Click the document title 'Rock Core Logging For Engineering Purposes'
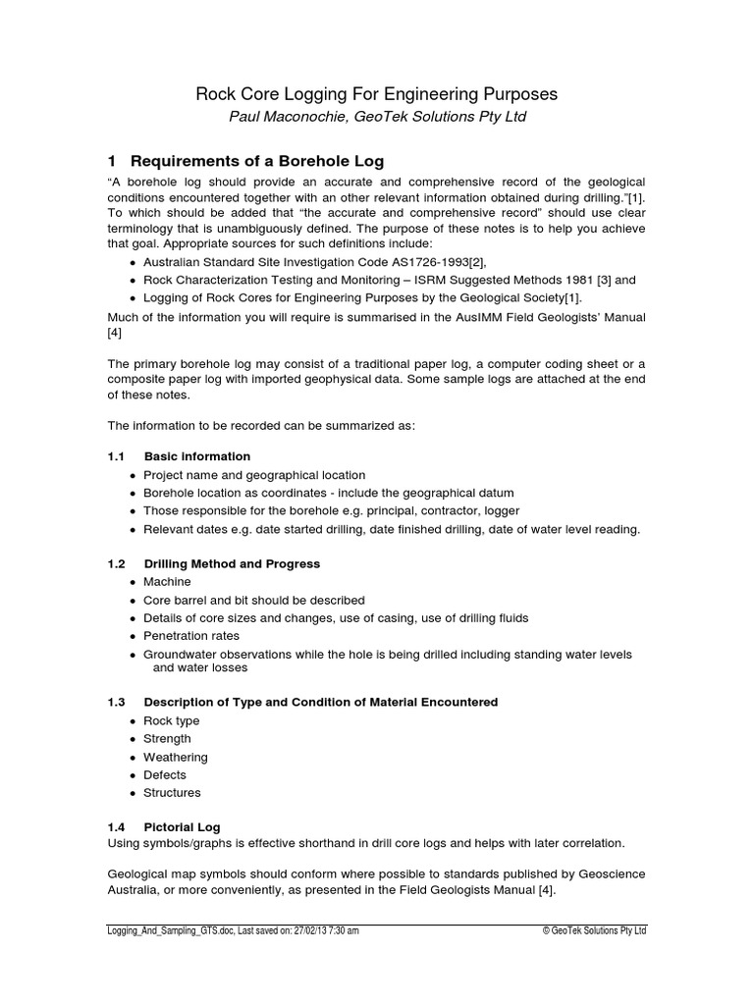(x=377, y=94)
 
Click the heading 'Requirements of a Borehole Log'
(x=256, y=161)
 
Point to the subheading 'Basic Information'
(x=196, y=456)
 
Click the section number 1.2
(x=117, y=564)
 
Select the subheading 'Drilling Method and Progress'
(x=232, y=564)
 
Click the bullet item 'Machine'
(x=167, y=582)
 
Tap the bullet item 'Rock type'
(x=171, y=721)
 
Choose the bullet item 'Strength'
(x=167, y=739)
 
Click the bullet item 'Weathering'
(x=175, y=758)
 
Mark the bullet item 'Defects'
(x=164, y=775)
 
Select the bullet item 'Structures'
(x=172, y=793)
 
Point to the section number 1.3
(x=117, y=703)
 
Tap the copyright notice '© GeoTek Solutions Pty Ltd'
(x=594, y=931)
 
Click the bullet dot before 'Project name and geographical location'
(x=133, y=475)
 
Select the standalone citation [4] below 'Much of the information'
(x=114, y=334)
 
